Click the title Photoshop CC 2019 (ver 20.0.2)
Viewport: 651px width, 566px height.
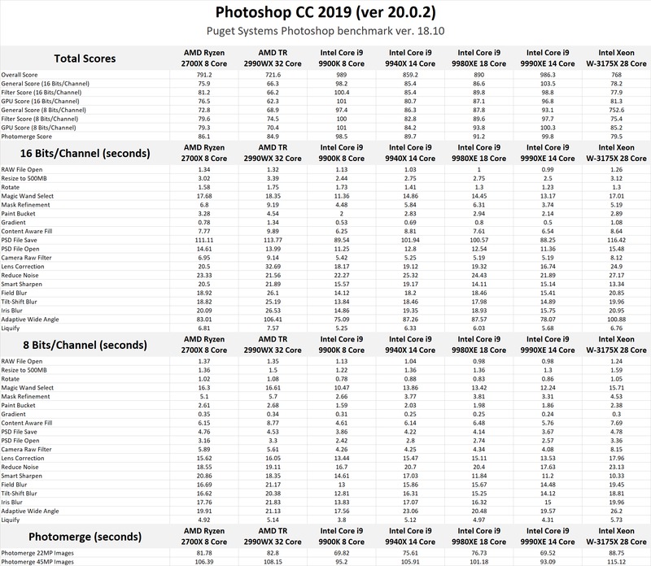(x=325, y=13)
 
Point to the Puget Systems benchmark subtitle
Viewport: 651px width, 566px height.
(x=325, y=33)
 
